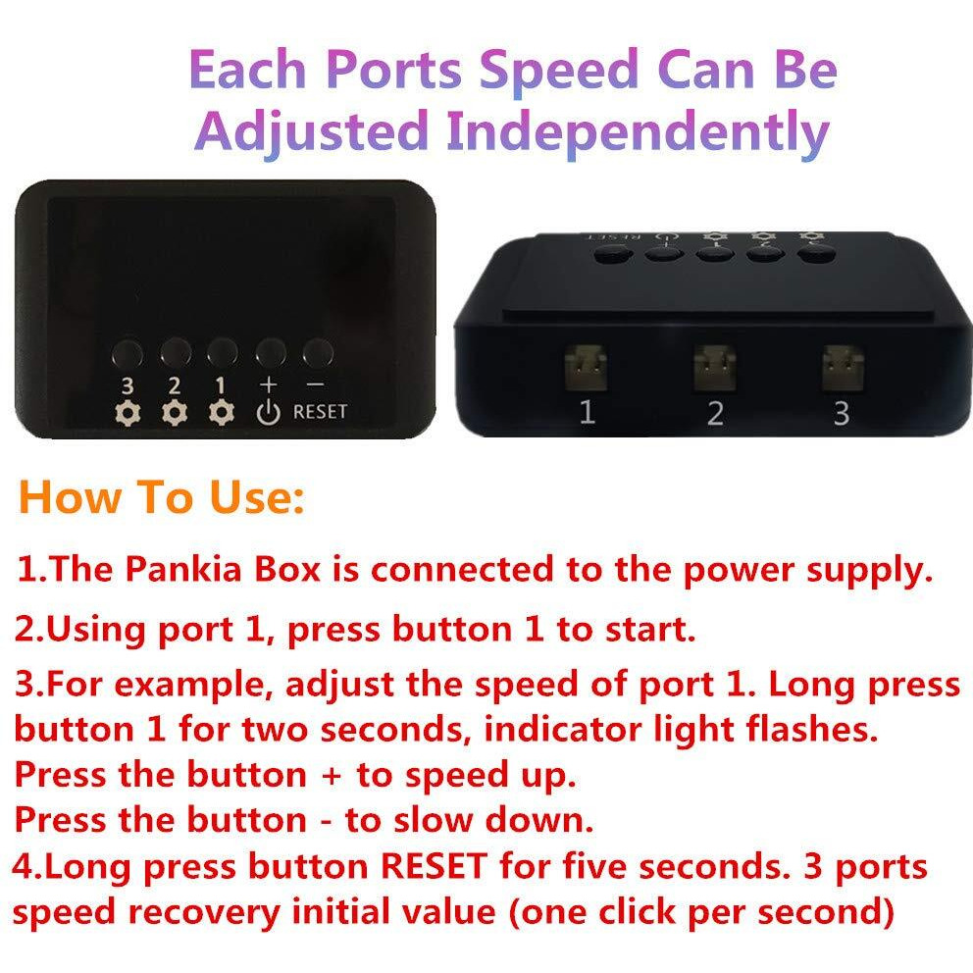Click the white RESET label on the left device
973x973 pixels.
coord(320,411)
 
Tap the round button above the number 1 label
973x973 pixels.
coord(222,350)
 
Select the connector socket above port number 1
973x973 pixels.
coord(585,369)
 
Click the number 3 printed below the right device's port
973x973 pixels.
coord(841,413)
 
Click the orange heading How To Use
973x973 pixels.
coord(163,497)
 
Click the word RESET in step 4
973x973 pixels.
coord(433,867)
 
